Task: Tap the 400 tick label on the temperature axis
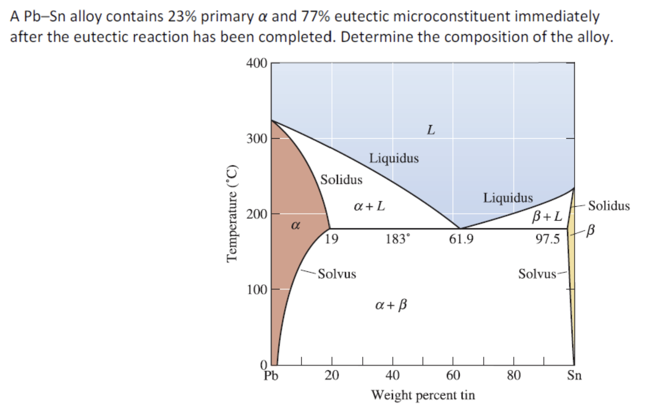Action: (256, 64)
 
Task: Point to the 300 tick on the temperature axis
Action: (256, 139)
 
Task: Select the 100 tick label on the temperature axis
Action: (256, 290)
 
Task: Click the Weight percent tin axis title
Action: (423, 395)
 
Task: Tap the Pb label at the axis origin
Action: (271, 376)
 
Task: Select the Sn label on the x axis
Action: (574, 375)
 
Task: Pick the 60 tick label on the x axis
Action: (453, 375)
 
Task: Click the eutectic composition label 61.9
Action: (461, 240)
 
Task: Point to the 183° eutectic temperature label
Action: (397, 239)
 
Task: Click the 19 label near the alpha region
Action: (331, 239)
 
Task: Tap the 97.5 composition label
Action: (547, 239)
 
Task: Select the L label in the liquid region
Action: (430, 130)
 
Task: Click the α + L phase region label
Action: (369, 206)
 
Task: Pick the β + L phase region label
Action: (547, 217)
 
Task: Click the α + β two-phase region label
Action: (391, 304)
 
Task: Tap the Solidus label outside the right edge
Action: (609, 206)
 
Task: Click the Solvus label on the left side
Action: (337, 274)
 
